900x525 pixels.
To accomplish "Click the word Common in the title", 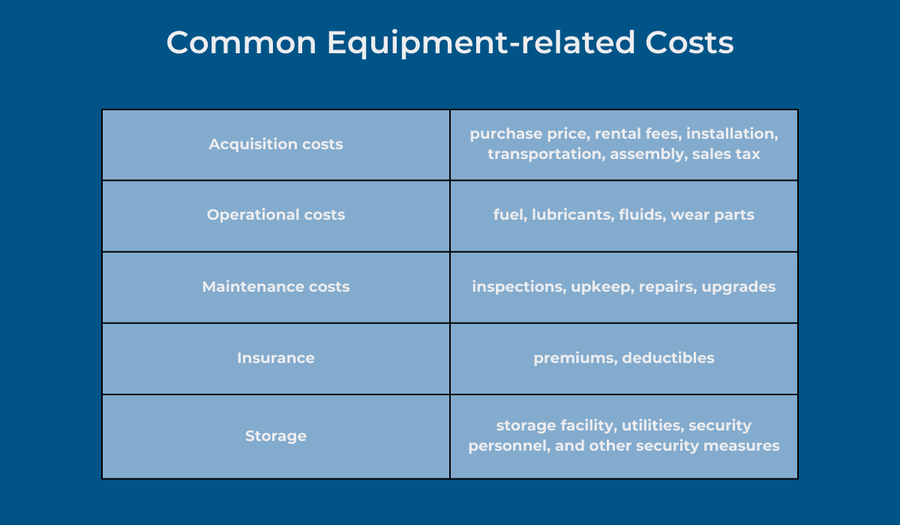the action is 241,43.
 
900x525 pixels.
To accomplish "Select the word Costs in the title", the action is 689,43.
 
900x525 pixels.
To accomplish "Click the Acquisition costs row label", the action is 276,144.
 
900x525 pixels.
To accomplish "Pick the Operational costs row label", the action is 276,215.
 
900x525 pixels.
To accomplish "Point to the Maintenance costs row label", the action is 276,286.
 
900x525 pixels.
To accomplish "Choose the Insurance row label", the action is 276,358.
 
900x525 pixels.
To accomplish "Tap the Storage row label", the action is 276,436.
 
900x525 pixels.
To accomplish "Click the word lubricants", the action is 573,215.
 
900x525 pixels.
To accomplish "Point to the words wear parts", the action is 712,215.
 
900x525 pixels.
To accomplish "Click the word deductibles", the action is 668,358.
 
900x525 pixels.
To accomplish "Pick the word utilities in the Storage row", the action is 653,425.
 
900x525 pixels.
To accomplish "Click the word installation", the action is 733,133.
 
